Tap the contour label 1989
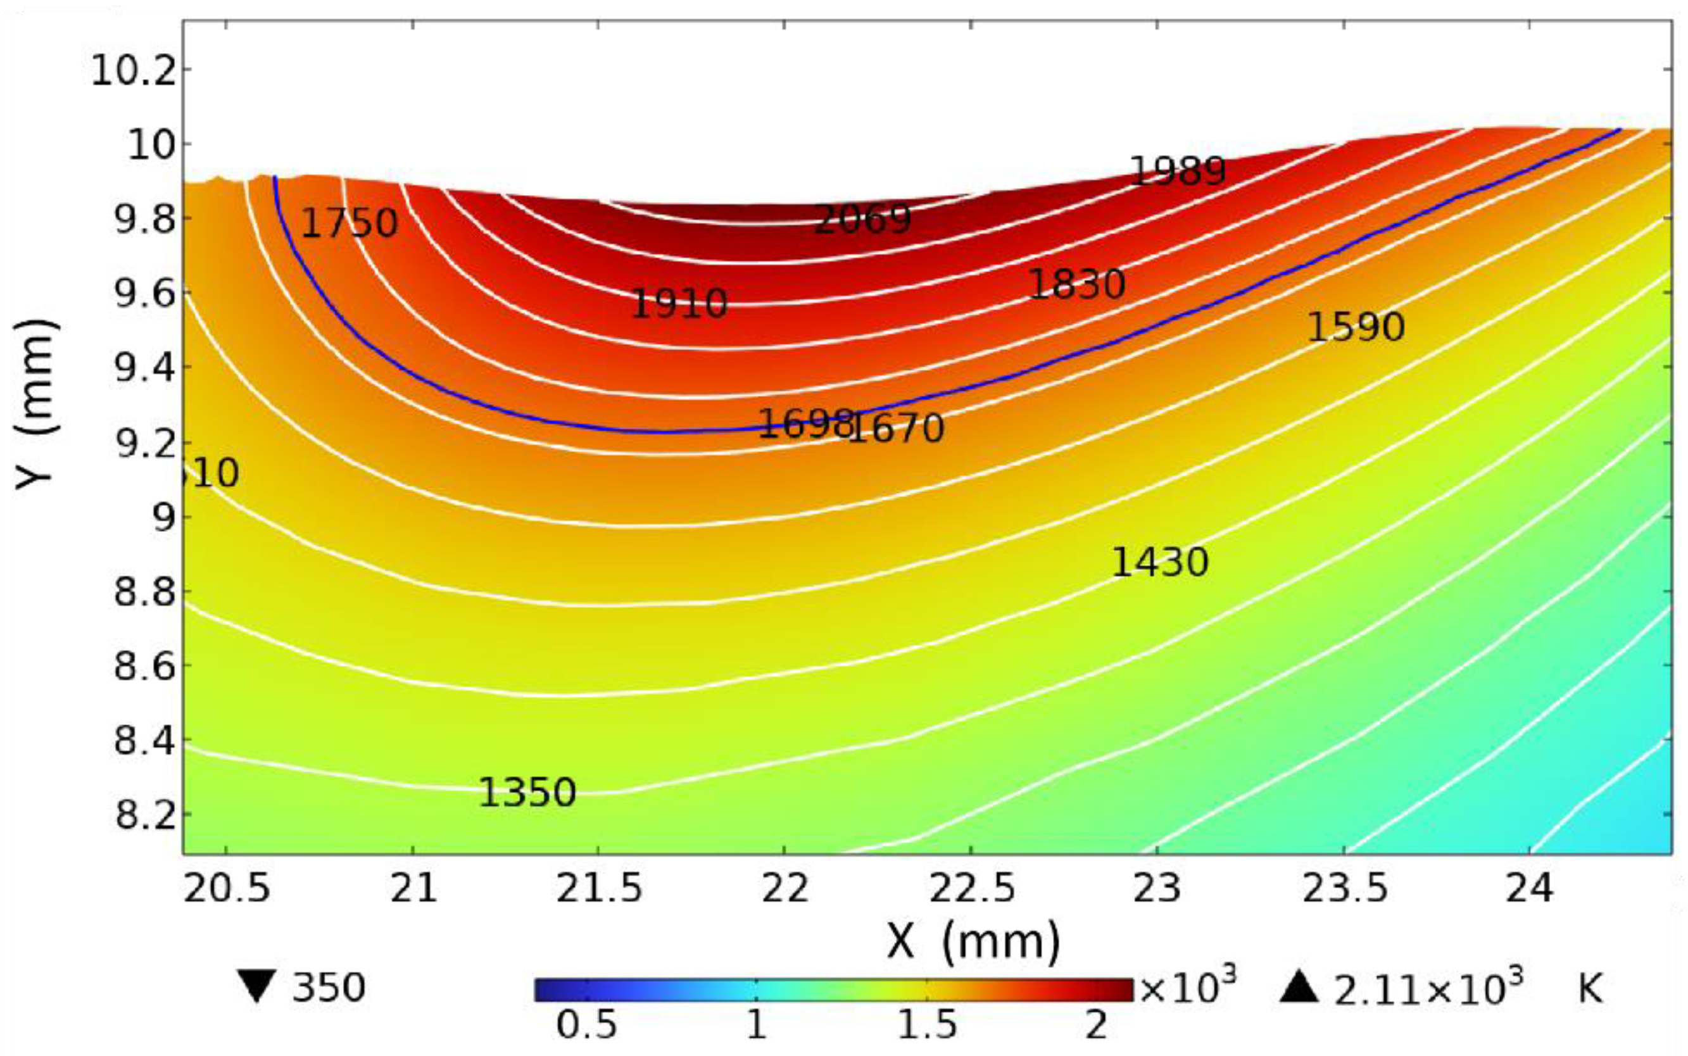point(1178,171)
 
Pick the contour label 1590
point(1355,327)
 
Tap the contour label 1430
point(1159,562)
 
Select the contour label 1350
point(527,793)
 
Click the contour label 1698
point(805,424)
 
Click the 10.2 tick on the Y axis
point(134,72)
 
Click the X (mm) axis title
point(973,942)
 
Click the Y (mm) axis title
point(35,405)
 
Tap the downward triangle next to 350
point(256,987)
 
